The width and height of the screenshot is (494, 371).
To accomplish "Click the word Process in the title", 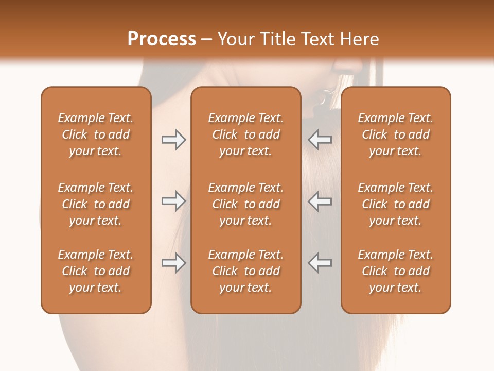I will tap(162, 39).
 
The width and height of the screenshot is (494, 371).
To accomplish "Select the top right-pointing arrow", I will tap(173, 139).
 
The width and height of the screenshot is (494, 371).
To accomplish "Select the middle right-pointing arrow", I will tap(173, 201).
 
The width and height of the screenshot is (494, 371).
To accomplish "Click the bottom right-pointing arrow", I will tap(173, 263).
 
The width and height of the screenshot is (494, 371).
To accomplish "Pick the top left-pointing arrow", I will tap(320, 139).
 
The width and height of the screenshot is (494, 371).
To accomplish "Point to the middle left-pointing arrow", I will tap(320, 201).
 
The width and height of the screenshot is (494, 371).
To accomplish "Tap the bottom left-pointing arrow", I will tap(320, 263).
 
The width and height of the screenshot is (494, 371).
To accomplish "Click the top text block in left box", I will tap(96, 134).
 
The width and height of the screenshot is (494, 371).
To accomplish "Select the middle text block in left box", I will tap(96, 204).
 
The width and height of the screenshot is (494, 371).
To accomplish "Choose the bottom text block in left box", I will tap(96, 271).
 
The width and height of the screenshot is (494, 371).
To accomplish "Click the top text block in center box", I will tap(245, 134).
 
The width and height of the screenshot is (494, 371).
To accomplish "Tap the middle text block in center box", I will tap(245, 204).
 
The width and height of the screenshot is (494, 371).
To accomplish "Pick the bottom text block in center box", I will tap(245, 271).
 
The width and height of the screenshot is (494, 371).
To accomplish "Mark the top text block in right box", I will tap(395, 134).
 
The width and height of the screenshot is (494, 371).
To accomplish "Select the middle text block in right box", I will tap(395, 204).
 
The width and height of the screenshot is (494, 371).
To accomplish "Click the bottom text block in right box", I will tap(395, 271).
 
